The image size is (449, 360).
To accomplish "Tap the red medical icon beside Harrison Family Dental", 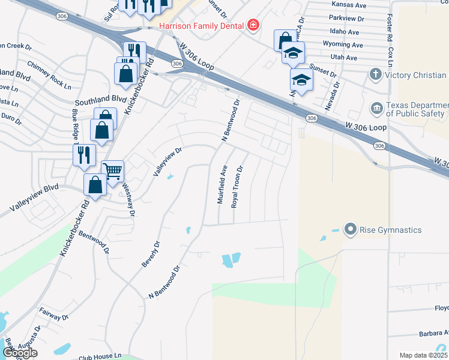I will point(253,25).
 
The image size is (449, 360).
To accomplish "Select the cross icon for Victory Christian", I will point(376,75).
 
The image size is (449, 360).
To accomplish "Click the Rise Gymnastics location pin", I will point(351,229).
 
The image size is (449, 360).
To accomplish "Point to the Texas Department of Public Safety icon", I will point(376,108).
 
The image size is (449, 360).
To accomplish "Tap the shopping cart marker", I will point(112,171).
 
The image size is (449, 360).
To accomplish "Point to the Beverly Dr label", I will point(151,255).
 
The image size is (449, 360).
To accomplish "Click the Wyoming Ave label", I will point(343,45).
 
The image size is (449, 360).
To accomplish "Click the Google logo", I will point(20,353).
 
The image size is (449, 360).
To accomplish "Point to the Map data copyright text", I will point(424,355).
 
